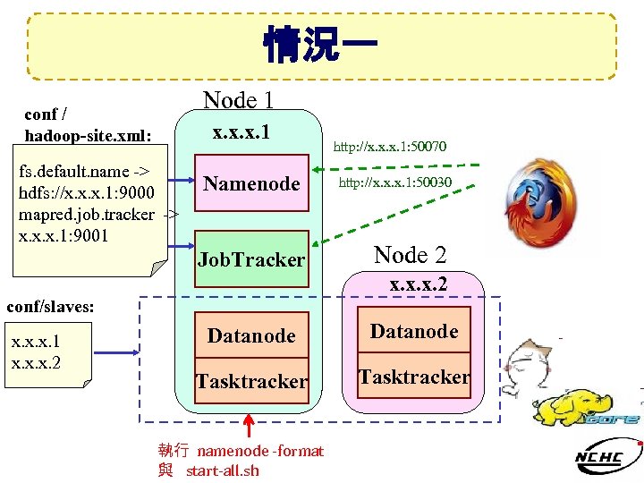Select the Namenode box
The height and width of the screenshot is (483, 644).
point(251,183)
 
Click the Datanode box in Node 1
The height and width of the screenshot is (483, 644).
point(251,335)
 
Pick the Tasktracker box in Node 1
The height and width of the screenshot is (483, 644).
point(251,382)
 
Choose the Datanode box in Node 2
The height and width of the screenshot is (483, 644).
point(414,332)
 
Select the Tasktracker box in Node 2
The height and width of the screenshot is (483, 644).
point(414,377)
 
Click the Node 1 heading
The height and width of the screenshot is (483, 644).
point(238,100)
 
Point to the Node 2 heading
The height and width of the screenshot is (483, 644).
point(410,255)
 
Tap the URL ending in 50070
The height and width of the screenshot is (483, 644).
point(390,146)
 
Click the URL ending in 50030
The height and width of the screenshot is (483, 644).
point(394,182)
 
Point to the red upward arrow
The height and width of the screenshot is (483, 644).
point(251,426)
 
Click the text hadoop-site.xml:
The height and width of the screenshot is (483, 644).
point(88,135)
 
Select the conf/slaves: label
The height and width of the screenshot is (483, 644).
point(50,307)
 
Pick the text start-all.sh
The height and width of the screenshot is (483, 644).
point(223,470)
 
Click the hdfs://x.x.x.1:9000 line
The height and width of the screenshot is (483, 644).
point(80,192)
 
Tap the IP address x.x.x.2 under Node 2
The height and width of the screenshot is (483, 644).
point(418,286)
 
